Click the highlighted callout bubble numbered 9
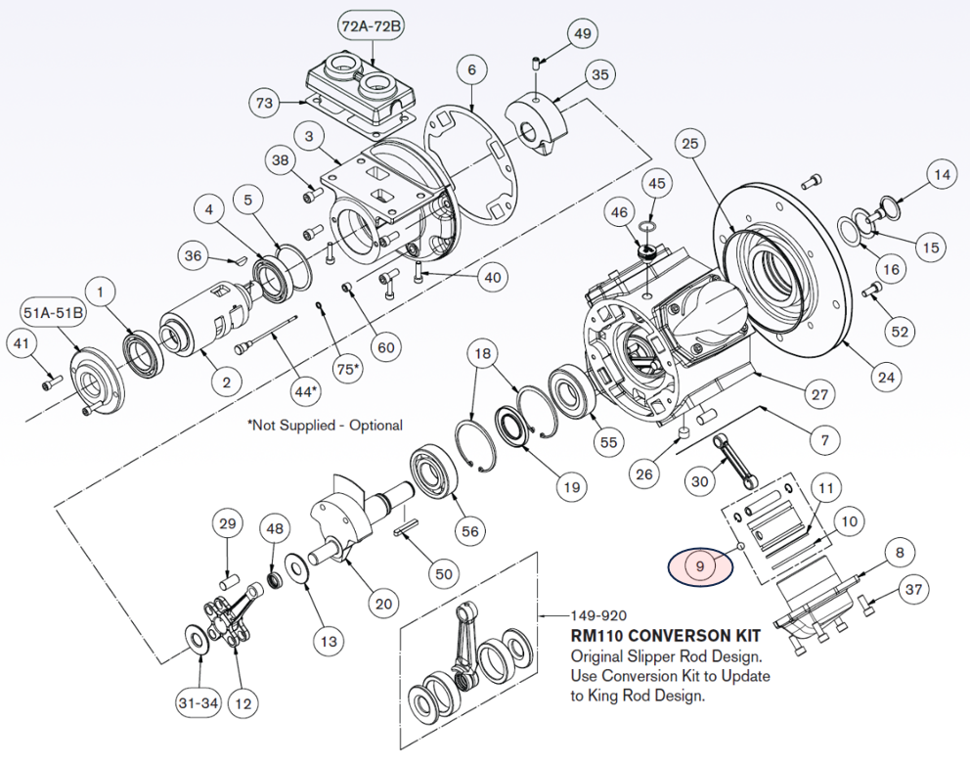pyautogui.click(x=700, y=564)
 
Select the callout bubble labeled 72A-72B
pyautogui.click(x=371, y=27)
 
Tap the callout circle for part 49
pyautogui.click(x=583, y=34)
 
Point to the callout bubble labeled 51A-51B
pyautogui.click(x=54, y=312)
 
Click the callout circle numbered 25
pyautogui.click(x=690, y=145)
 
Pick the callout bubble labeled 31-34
pyautogui.click(x=198, y=703)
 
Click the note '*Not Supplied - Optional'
pyautogui.click(x=325, y=426)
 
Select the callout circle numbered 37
pyautogui.click(x=913, y=590)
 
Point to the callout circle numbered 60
pyautogui.click(x=387, y=346)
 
